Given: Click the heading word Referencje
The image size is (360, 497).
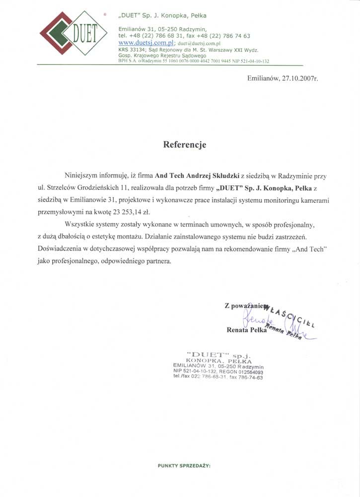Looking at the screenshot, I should pyautogui.click(x=185, y=145).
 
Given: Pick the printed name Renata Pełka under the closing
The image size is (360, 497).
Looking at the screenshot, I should pyautogui.click(x=246, y=330).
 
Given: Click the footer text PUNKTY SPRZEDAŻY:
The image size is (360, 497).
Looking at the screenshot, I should pyautogui.click(x=184, y=466).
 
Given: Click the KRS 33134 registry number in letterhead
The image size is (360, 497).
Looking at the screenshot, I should pyautogui.click(x=132, y=50).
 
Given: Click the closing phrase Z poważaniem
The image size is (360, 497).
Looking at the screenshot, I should pyautogui.click(x=246, y=306).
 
